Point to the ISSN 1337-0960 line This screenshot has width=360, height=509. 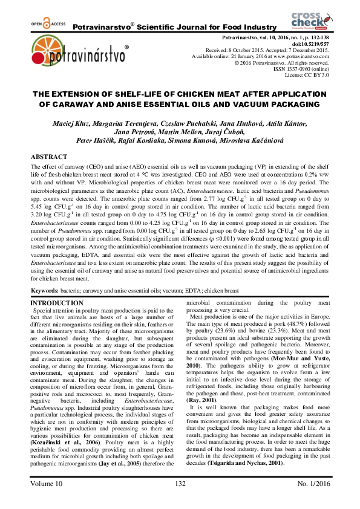301,68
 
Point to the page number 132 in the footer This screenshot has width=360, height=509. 180,484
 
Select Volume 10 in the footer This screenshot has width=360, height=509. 47,484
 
